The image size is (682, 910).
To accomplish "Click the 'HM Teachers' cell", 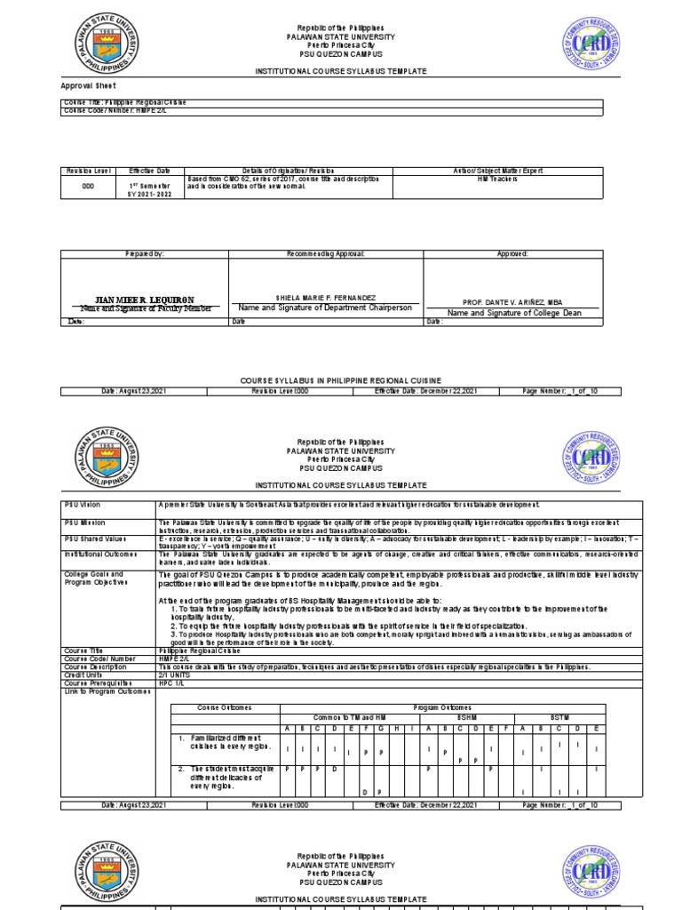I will (x=497, y=179).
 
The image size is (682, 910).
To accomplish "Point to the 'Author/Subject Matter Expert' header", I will (x=497, y=170).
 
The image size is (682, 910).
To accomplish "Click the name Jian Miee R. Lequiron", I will (x=144, y=299).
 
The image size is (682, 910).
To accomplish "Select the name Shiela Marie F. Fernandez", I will (x=325, y=297).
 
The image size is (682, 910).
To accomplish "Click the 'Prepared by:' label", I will (x=144, y=254).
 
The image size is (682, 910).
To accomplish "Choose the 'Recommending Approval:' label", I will (x=325, y=254).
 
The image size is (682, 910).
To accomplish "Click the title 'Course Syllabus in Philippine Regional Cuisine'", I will (x=340, y=379).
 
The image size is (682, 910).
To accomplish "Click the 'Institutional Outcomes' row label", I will (x=95, y=551).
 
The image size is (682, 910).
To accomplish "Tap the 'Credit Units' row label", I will (x=83, y=675).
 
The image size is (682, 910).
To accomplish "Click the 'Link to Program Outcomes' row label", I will (x=100, y=690).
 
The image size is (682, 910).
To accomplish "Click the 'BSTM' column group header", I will (x=556, y=716).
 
